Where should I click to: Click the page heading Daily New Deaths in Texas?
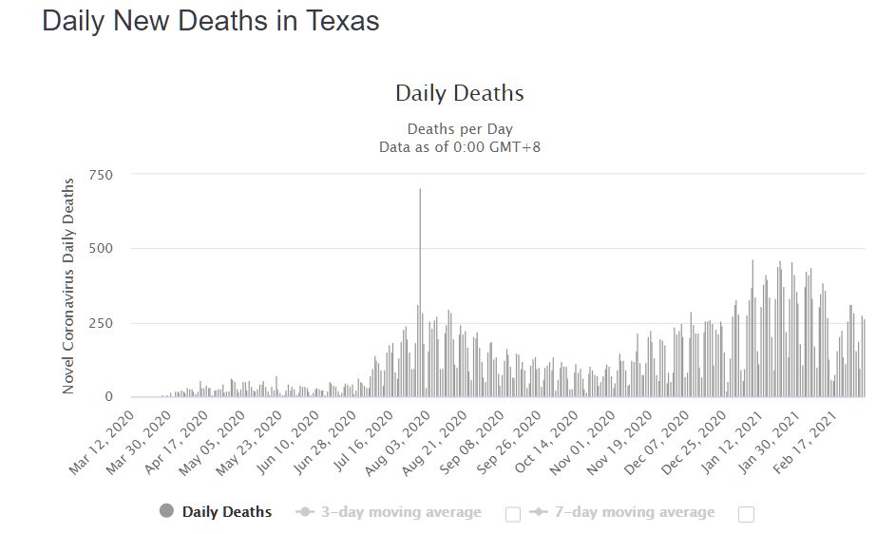pos(211,22)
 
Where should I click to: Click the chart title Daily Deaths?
pos(459,93)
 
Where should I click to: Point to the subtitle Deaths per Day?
pos(460,129)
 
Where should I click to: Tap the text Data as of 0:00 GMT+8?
pos(460,146)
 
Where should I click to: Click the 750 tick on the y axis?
pos(102,175)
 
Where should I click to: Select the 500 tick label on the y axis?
pos(102,249)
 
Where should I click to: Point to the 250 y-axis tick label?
pos(102,323)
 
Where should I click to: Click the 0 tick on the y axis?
pos(108,397)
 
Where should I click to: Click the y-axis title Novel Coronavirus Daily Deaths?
pos(69,285)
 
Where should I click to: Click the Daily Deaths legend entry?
pos(226,512)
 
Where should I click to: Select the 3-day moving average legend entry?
pos(399,512)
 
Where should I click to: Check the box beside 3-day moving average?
pos(513,514)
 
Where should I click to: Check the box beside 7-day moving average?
pos(746,514)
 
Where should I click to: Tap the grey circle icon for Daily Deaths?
pos(167,512)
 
